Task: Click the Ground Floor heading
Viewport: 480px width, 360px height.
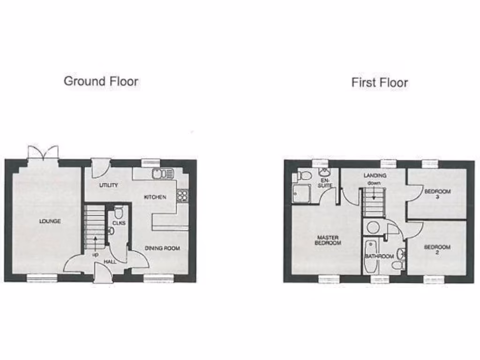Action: pos(101,81)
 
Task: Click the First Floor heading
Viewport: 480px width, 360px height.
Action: pos(380,83)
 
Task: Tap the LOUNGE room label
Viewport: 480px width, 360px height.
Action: pos(50,221)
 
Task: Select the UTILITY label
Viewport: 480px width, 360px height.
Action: pos(109,185)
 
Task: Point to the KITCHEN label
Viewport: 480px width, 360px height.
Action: pos(155,197)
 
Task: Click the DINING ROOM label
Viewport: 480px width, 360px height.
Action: pos(162,248)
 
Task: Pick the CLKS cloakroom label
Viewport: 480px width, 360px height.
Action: pos(119,223)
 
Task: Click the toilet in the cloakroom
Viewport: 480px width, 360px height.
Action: pos(118,212)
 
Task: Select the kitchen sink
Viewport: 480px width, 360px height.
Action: pos(162,174)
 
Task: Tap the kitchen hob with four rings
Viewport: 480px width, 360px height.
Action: pos(182,195)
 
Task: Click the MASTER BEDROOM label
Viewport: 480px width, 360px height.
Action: pos(327,240)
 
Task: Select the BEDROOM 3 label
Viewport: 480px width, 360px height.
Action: pos(437,194)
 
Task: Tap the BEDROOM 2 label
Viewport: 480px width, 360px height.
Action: pos(437,249)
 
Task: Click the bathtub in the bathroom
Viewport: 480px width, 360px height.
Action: pos(370,257)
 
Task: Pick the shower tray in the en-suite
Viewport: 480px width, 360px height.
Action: pos(301,193)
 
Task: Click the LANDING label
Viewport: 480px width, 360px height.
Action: pos(375,176)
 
